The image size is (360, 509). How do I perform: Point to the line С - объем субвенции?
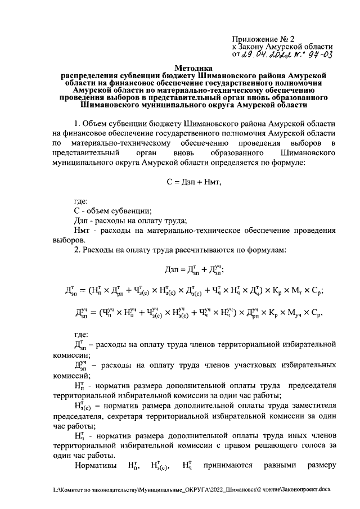tap(112, 211)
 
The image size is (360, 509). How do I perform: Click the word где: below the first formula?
tap(82, 201)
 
